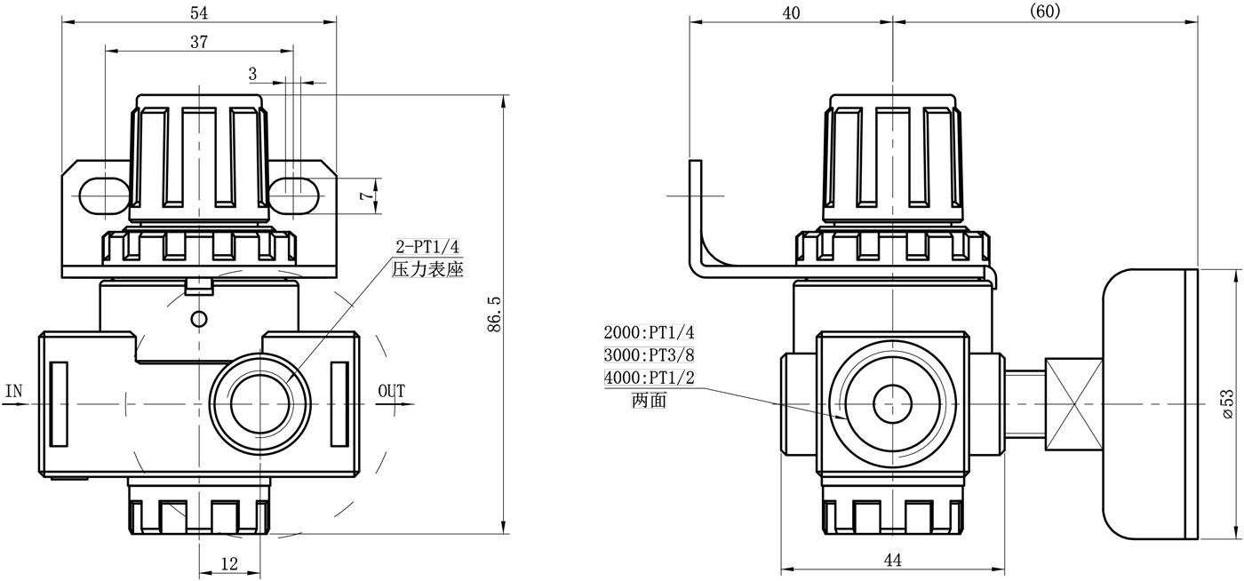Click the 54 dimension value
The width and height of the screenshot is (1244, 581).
point(200,12)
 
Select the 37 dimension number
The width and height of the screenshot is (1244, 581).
point(200,42)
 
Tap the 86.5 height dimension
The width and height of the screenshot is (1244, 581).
point(495,315)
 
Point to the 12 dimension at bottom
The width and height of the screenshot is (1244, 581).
point(229,562)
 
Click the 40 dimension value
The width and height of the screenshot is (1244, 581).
point(791,12)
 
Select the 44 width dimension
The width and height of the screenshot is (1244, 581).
point(893,560)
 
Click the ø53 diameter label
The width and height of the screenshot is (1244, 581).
point(1229,404)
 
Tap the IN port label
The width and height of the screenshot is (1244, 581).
point(13,391)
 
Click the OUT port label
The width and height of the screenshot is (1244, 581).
point(391,391)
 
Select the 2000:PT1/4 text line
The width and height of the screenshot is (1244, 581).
point(649,333)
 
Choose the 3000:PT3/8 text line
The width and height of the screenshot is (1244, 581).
point(649,355)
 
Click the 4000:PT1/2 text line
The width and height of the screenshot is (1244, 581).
point(649,378)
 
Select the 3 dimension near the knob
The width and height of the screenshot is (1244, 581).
point(252,73)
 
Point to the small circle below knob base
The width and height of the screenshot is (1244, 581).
point(199,318)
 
